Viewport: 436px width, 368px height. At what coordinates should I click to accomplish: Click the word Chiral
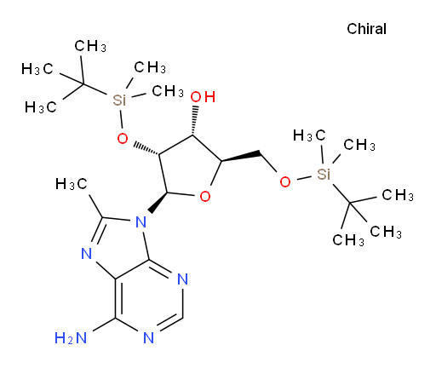366,29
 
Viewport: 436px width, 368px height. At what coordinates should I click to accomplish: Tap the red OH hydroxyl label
203,97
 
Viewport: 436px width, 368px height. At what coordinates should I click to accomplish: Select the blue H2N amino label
71,338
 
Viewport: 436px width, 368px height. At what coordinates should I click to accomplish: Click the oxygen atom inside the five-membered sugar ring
205,196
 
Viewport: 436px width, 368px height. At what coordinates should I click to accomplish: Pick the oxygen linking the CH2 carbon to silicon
285,182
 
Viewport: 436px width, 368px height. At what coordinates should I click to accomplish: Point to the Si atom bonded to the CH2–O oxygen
324,174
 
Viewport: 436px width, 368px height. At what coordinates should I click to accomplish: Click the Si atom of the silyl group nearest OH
119,100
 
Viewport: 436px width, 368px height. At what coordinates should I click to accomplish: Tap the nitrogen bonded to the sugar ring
141,221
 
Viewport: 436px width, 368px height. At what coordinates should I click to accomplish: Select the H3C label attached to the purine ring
72,184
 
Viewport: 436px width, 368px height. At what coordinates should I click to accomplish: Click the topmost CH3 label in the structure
90,46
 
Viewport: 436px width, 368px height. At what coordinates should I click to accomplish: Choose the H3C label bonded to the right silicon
309,135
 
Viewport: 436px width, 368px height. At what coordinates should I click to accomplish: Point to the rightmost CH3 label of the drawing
398,195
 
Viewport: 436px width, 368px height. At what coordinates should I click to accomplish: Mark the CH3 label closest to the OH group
168,91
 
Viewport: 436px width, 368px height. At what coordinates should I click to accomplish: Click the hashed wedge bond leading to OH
194,120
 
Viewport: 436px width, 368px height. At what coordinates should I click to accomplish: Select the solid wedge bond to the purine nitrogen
158,203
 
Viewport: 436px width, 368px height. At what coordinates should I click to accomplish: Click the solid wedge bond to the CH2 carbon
241,157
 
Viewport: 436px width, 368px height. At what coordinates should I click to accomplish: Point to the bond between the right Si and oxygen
304,178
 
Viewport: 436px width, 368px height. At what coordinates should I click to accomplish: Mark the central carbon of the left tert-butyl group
83,84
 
